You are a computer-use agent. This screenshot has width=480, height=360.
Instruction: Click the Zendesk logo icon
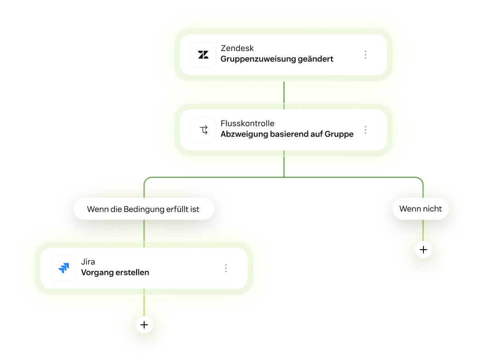(x=203, y=55)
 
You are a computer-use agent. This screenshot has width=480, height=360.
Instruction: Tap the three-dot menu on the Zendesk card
(x=365, y=55)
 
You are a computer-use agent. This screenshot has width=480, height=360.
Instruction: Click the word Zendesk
(x=237, y=48)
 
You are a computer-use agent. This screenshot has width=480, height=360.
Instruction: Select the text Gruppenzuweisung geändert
(x=277, y=59)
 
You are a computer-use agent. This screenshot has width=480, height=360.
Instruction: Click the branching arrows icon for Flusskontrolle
(x=204, y=130)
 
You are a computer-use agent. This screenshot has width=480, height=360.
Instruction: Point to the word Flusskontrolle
(x=247, y=123)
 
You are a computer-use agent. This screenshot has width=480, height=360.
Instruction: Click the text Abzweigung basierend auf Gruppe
(x=287, y=134)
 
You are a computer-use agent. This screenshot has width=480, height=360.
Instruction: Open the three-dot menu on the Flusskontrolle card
(x=365, y=130)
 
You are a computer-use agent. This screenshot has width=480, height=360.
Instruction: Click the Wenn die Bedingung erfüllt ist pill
(x=144, y=209)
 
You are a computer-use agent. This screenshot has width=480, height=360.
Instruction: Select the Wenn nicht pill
(x=421, y=209)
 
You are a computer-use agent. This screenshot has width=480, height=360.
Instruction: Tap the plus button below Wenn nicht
(x=423, y=250)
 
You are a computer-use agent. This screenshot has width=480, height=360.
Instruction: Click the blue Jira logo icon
(x=63, y=268)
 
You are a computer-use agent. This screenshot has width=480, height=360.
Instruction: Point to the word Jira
(x=88, y=262)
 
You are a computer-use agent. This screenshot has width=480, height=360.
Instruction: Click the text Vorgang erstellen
(x=115, y=273)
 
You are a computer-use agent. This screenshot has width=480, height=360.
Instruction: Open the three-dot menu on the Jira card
(x=226, y=269)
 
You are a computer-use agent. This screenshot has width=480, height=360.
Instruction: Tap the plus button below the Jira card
(x=144, y=325)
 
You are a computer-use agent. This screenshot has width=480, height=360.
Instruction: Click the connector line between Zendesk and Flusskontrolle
(x=284, y=96)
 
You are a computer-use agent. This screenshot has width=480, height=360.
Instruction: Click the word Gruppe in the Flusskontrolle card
(x=339, y=134)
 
